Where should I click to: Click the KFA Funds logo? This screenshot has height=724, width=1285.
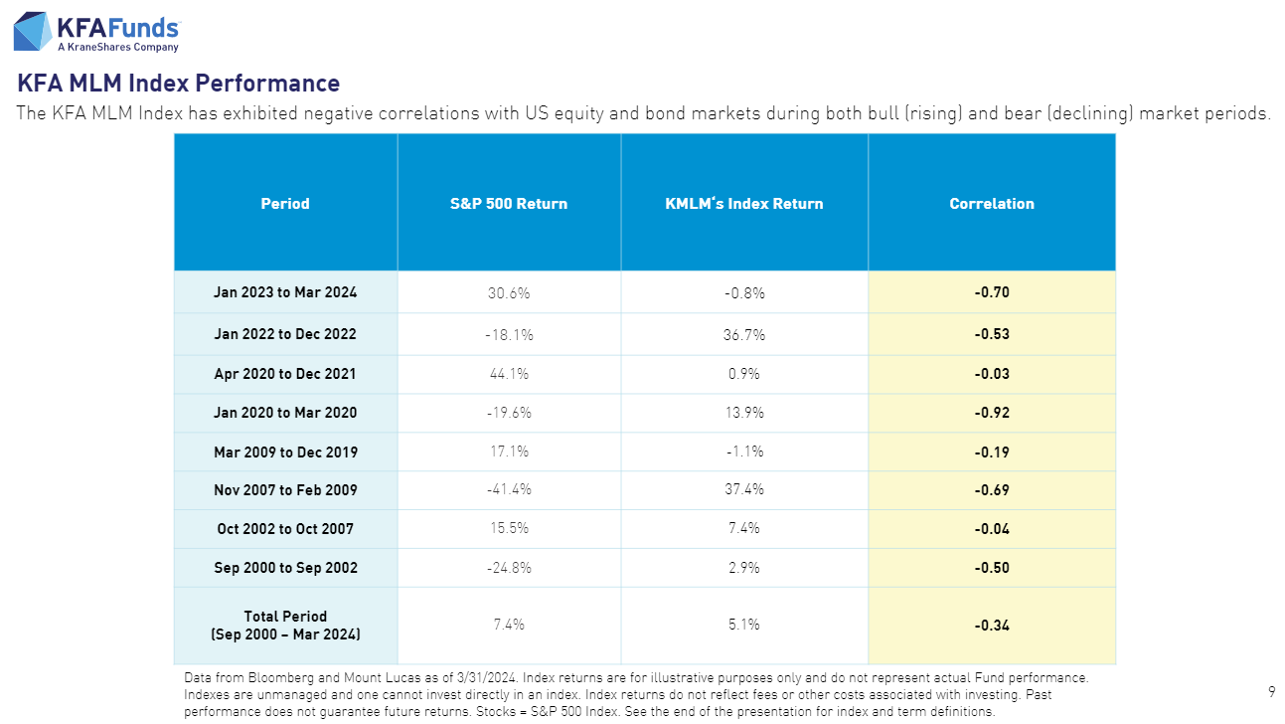pos(96,31)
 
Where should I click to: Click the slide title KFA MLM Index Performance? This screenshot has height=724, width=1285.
pos(179,84)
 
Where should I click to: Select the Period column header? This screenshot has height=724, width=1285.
pos(285,204)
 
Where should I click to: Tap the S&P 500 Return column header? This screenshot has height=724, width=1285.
pos(509,204)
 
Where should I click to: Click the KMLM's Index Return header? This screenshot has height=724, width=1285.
pos(744,204)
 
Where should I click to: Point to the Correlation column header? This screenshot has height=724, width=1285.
pos(992,204)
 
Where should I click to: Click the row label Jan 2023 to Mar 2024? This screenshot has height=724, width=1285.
pos(285,292)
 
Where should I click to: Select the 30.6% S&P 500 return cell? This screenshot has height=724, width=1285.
pos(509,293)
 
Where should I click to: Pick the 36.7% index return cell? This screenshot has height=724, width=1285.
pos(744,335)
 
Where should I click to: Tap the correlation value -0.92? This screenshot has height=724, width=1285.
pos(992,413)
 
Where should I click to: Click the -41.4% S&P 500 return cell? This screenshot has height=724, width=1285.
pos(509,490)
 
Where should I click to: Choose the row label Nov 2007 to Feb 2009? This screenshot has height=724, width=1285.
pos(285,490)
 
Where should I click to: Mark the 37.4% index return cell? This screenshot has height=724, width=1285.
pos(744,490)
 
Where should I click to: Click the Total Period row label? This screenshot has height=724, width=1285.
pos(285,625)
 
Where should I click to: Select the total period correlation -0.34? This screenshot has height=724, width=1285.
pos(992,626)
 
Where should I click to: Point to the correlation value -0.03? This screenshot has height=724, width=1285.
pos(992,374)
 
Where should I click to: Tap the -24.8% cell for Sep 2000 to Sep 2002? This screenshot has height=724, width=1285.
pos(509,568)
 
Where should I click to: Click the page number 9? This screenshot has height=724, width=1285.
pos(1272,691)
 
